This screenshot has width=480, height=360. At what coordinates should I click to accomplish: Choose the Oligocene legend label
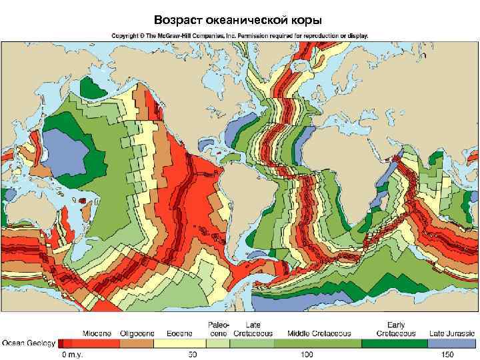[x=137, y=333]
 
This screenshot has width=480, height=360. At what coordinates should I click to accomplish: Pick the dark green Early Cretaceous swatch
[x=394, y=343]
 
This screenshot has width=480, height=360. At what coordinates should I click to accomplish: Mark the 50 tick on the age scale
[x=193, y=354]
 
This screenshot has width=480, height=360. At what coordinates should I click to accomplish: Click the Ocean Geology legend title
[x=28, y=343]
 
